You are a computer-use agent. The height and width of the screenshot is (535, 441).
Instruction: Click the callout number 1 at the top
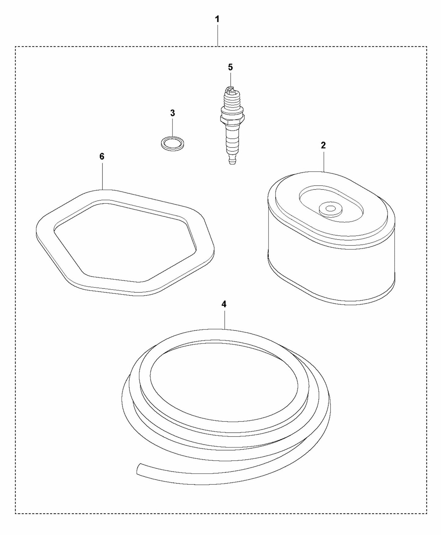pyautogui.click(x=217, y=19)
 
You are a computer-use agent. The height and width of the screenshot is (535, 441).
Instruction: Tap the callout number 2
pyautogui.click(x=323, y=145)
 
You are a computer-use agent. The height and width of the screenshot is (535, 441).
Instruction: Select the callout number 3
pyautogui.click(x=172, y=113)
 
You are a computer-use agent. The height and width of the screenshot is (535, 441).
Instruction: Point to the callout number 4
pyautogui.click(x=224, y=304)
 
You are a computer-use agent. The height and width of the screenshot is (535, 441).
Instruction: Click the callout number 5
pyautogui.click(x=230, y=67)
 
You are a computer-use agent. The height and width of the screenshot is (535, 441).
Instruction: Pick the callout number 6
pyautogui.click(x=102, y=156)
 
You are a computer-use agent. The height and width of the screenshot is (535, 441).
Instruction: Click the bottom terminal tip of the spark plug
pyautogui.click(x=232, y=161)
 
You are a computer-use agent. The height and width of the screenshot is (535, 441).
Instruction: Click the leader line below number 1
pyautogui.click(x=217, y=35)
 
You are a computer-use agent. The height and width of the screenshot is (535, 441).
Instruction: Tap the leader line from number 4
pyautogui.click(x=225, y=319)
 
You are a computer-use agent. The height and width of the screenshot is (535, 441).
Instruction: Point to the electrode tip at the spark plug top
pyautogui.click(x=230, y=89)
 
